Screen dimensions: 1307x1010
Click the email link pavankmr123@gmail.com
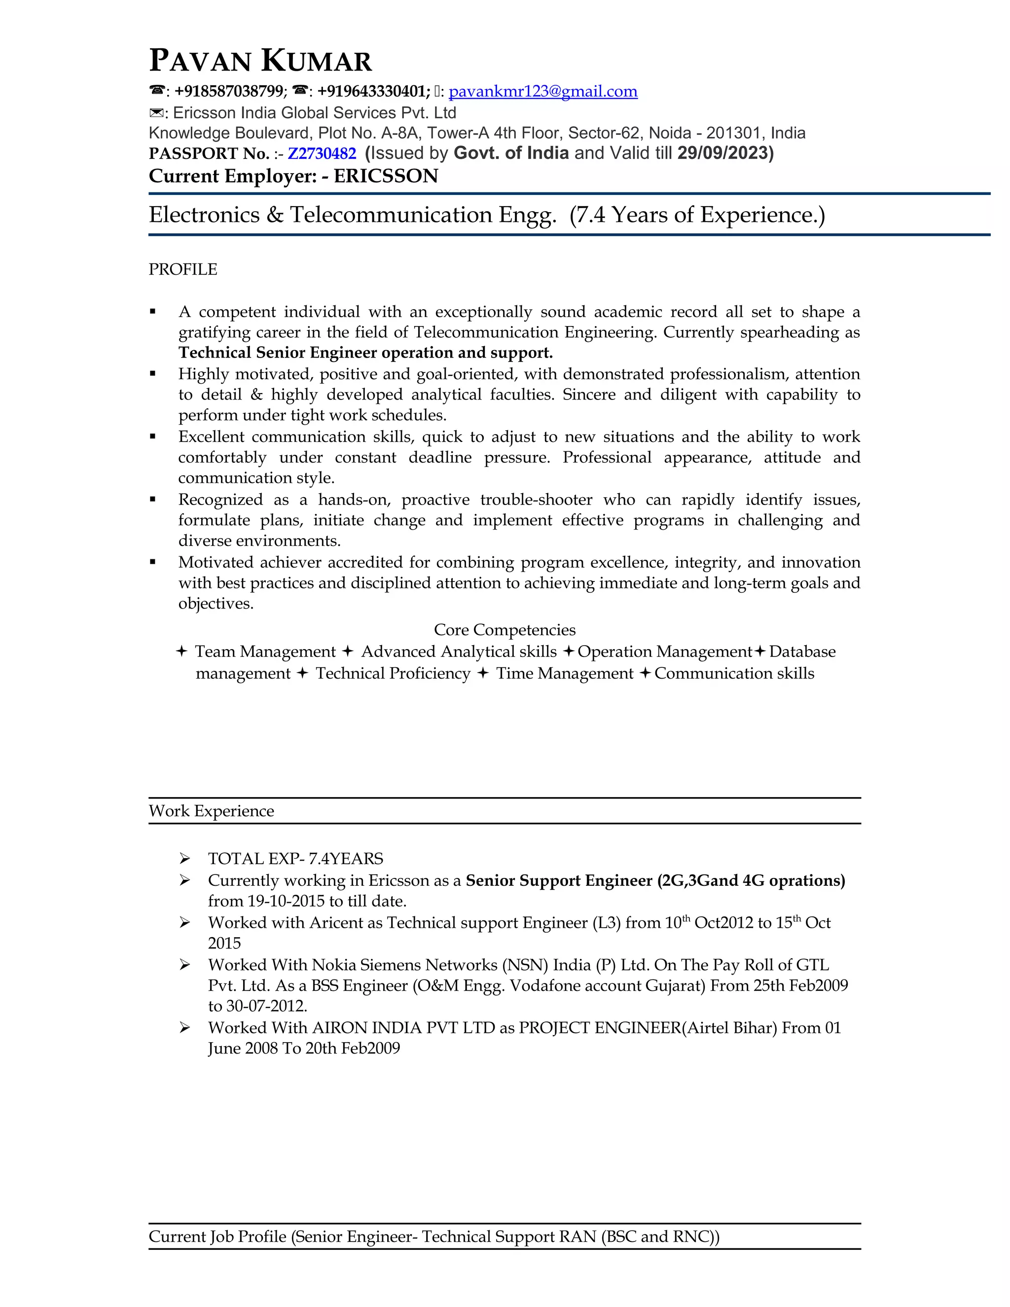pos(542,92)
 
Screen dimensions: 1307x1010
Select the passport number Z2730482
pos(322,154)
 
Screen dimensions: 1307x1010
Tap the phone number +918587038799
pos(229,92)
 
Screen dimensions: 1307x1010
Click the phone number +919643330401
pos(372,92)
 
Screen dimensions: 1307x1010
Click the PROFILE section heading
pos(182,269)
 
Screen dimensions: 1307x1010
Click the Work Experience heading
pos(211,811)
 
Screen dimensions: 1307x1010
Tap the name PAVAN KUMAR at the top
pos(260,61)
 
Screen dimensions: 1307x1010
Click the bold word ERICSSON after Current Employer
pos(386,176)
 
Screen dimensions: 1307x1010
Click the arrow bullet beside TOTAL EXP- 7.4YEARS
pos(185,859)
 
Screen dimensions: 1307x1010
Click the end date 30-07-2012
pos(266,1006)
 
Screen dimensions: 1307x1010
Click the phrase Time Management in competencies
pos(564,673)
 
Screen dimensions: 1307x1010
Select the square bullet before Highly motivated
pos(153,374)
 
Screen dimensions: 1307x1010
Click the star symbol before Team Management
pos(182,651)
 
